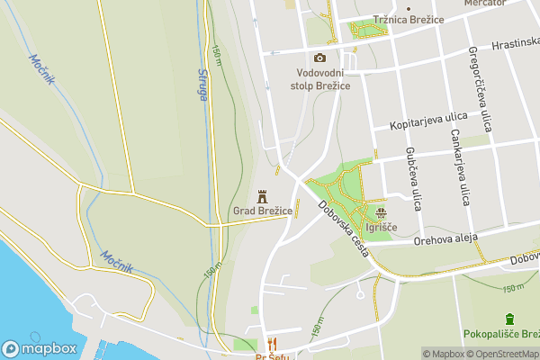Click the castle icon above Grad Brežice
[264, 195]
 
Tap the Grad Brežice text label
[264, 211]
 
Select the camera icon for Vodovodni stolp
[319, 58]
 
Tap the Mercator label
[484, 4]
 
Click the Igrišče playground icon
[382, 213]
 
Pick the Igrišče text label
[382, 228]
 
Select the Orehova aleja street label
[444, 238]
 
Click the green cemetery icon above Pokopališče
[509, 319]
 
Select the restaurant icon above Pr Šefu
[272, 343]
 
